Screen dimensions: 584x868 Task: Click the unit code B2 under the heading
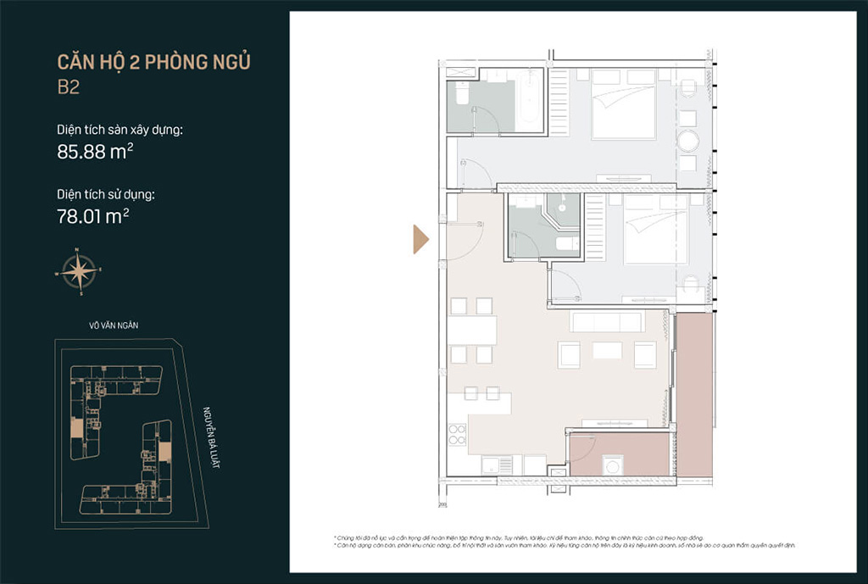pyautogui.click(x=68, y=87)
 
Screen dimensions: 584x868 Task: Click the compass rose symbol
pyautogui.click(x=78, y=272)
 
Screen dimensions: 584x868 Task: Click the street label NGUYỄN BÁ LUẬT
pyautogui.click(x=209, y=438)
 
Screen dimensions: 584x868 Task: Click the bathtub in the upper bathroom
pyautogui.click(x=529, y=101)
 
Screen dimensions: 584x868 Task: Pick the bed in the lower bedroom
pyautogui.click(x=655, y=230)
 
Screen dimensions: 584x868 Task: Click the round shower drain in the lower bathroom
pyautogui.click(x=560, y=208)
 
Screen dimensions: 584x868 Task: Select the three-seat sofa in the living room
pyautogui.click(x=608, y=322)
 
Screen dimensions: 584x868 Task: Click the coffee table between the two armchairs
pyautogui.click(x=607, y=350)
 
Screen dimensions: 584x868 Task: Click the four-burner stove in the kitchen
pyautogui.click(x=457, y=434)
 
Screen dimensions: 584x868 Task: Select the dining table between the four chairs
pyautogui.click(x=473, y=330)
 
